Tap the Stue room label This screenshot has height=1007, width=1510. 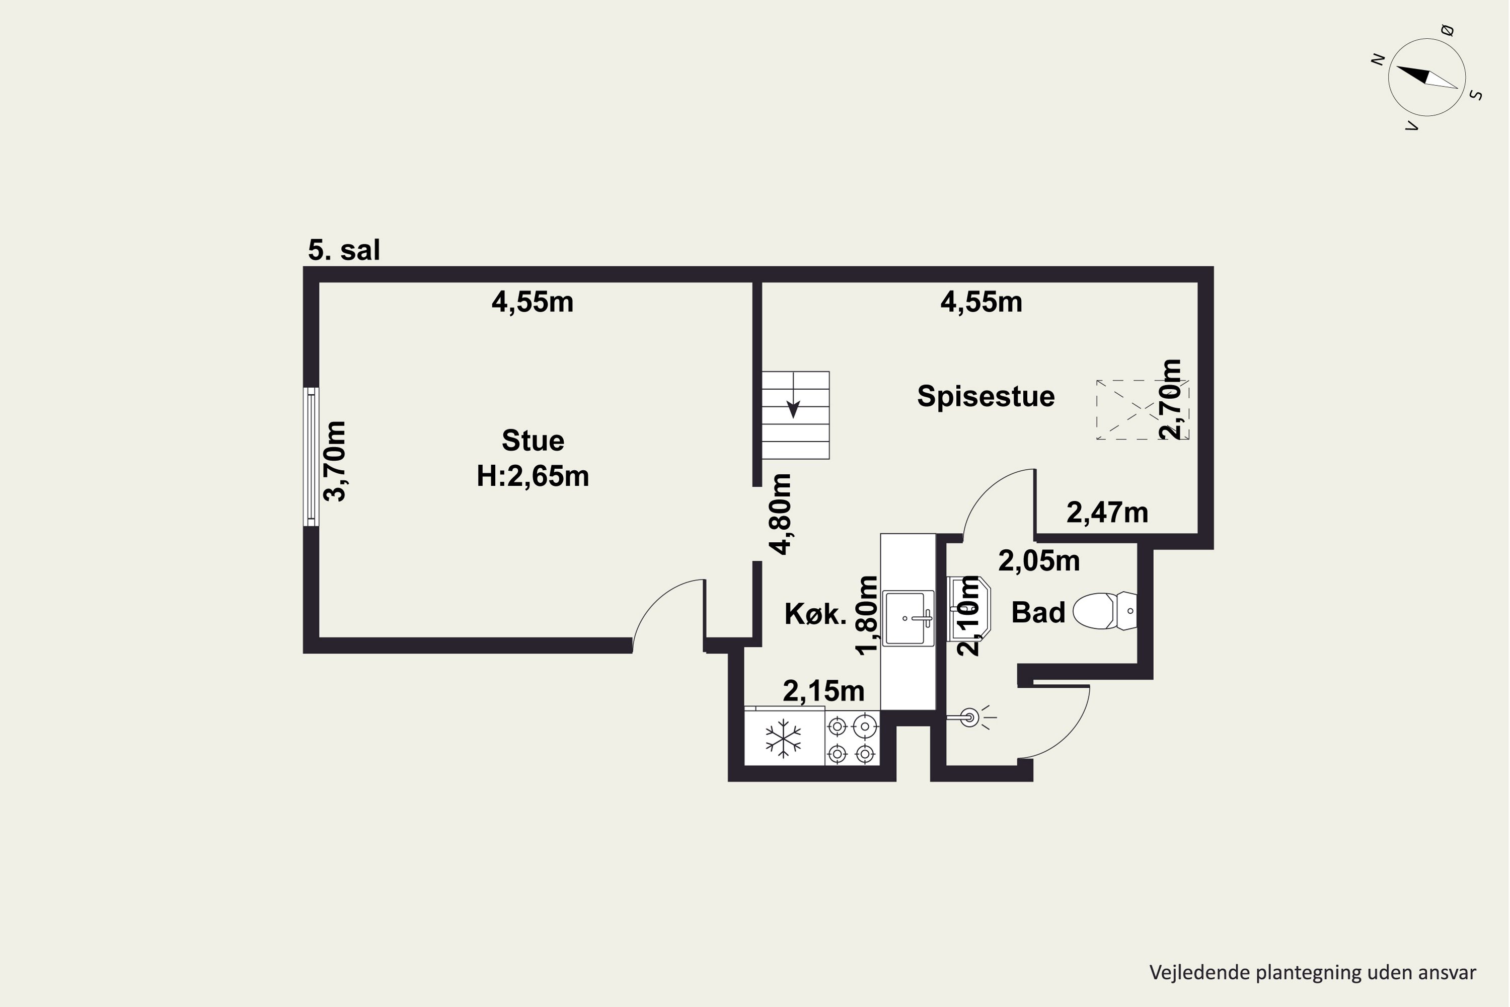click(533, 441)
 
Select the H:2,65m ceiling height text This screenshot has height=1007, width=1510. click(533, 476)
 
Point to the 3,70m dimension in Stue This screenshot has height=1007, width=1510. click(335, 461)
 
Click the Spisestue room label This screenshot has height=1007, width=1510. click(986, 396)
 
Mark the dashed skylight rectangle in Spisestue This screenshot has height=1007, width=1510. click(1143, 410)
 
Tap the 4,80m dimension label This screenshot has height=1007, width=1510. click(781, 514)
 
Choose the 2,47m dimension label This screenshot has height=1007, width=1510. click(1107, 513)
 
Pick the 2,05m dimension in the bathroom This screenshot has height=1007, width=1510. click(1039, 561)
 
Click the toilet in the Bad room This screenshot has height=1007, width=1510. click(1105, 611)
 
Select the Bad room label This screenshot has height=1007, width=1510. click(1038, 613)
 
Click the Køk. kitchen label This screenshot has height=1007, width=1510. click(815, 615)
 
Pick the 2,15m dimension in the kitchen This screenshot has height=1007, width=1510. click(823, 691)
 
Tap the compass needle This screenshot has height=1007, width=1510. click(1426, 78)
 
